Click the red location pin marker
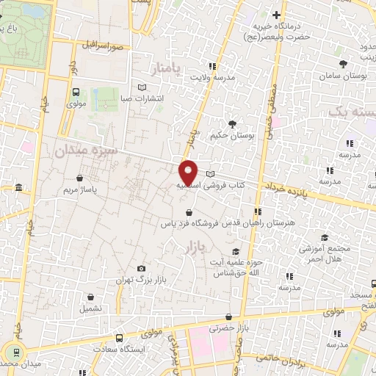[x=189, y=172]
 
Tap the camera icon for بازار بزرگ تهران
[x=141, y=269]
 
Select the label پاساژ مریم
[x=79, y=189]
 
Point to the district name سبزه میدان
[x=84, y=150]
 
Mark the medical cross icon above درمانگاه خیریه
[x=277, y=15]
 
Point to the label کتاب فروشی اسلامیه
[x=220, y=186]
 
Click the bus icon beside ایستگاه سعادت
[x=120, y=339]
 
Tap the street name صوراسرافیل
[x=108, y=46]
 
